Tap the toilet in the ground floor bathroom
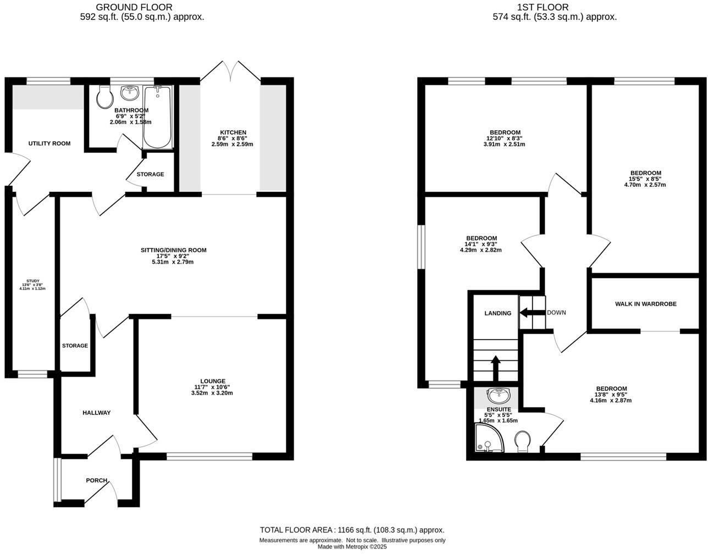(x=104, y=97)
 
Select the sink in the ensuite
(x=499, y=395)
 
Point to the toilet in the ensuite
(x=523, y=441)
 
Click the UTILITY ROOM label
(x=49, y=143)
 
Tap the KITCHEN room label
(x=233, y=132)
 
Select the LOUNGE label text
(x=213, y=381)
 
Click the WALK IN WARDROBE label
(x=645, y=304)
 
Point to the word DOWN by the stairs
(x=556, y=313)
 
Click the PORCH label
(x=97, y=480)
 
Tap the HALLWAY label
(x=97, y=413)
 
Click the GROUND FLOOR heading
(x=134, y=7)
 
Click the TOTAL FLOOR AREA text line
(x=352, y=530)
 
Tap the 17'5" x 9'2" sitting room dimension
(x=174, y=256)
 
